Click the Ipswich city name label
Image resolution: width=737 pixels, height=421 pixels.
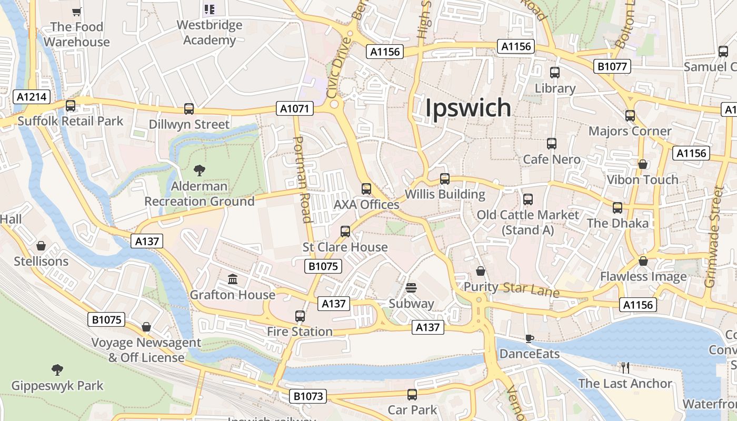pyautogui.click(x=468, y=107)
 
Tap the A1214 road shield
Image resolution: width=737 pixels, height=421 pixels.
pyautogui.click(x=32, y=97)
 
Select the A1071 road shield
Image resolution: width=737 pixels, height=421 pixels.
pyautogui.click(x=295, y=109)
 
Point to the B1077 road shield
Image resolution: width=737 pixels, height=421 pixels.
pyautogui.click(x=612, y=66)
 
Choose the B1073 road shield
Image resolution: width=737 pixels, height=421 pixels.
pyautogui.click(x=308, y=396)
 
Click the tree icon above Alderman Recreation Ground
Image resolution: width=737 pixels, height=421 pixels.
pyautogui.click(x=199, y=170)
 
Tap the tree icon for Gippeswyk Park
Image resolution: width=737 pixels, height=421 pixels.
pyautogui.click(x=57, y=369)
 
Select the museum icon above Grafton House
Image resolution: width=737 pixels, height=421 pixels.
pyautogui.click(x=233, y=278)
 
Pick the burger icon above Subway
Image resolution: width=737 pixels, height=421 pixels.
pyautogui.click(x=411, y=288)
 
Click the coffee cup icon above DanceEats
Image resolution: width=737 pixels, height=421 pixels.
pyautogui.click(x=529, y=338)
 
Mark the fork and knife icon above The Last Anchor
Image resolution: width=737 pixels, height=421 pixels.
pyautogui.click(x=625, y=367)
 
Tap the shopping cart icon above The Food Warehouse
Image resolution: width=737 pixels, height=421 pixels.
pyautogui.click(x=77, y=11)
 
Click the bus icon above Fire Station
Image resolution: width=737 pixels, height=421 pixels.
pyautogui.click(x=300, y=316)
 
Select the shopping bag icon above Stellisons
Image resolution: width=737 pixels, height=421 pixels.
pyautogui.click(x=41, y=245)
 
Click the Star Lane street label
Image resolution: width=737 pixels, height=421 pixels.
pyautogui.click(x=531, y=289)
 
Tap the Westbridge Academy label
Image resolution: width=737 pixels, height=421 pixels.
pyautogui.click(x=210, y=33)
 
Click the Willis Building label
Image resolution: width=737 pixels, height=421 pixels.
pyautogui.click(x=445, y=194)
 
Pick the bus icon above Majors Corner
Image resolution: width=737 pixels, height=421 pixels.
pyautogui.click(x=630, y=115)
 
